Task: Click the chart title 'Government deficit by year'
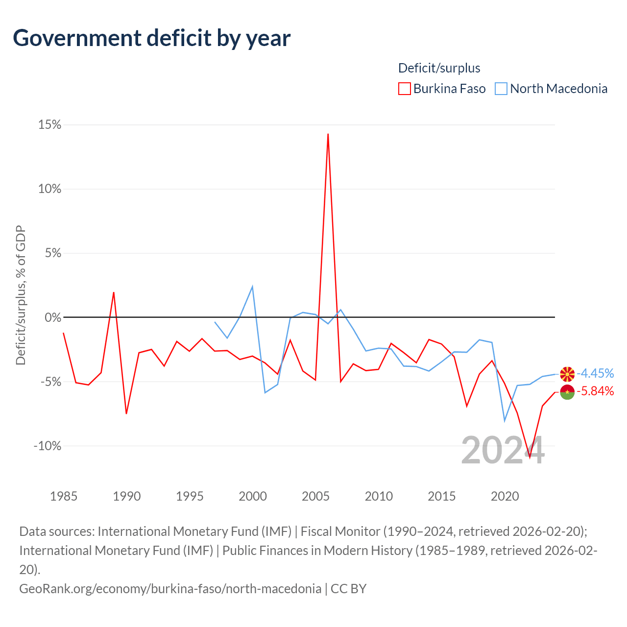pyautogui.click(x=152, y=38)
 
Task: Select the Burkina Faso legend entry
pyautogui.click(x=442, y=89)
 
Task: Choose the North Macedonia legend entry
pyautogui.click(x=552, y=89)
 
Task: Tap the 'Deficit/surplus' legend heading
pyautogui.click(x=439, y=68)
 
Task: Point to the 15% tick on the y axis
pyautogui.click(x=50, y=125)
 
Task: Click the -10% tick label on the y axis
pyautogui.click(x=48, y=446)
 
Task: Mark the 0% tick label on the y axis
pyautogui.click(x=53, y=317)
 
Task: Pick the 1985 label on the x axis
pyautogui.click(x=64, y=496)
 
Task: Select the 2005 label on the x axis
pyautogui.click(x=315, y=496)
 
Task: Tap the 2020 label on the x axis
pyautogui.click(x=505, y=496)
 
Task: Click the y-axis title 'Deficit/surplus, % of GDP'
pyautogui.click(x=21, y=295)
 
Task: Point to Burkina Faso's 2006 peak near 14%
pyautogui.click(x=328, y=134)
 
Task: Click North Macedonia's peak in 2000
pyautogui.click(x=252, y=287)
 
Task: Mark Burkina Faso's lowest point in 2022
pyautogui.click(x=530, y=457)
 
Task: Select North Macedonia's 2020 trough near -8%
pyautogui.click(x=505, y=420)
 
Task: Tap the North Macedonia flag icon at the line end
pyautogui.click(x=567, y=374)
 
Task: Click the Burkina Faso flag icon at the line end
pyautogui.click(x=567, y=392)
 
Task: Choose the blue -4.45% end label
pyautogui.click(x=595, y=373)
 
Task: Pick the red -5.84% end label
pyautogui.click(x=595, y=391)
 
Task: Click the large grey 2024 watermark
pyautogui.click(x=503, y=450)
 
